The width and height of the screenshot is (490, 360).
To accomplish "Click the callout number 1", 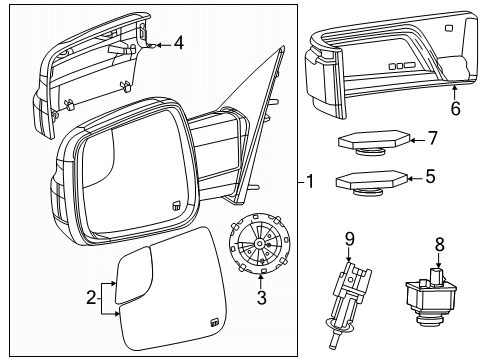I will (311, 182).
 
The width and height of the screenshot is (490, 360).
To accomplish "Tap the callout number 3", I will (262, 297).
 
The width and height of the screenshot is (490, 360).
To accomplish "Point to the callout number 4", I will (178, 43).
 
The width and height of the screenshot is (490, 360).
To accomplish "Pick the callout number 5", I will (430, 177).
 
